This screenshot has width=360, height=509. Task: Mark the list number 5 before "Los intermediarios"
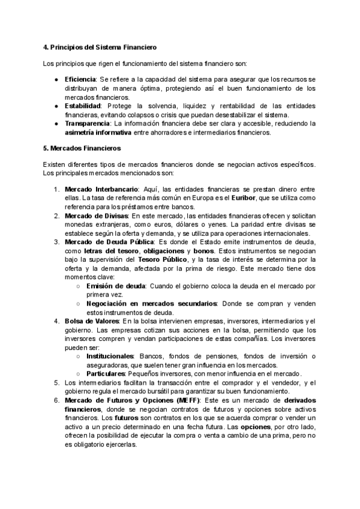(56, 382)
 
